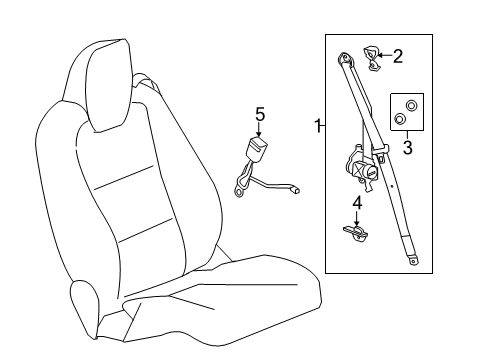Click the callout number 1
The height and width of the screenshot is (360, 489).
tap(317, 126)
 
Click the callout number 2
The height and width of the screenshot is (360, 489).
tap(397, 56)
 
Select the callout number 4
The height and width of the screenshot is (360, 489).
tap(355, 205)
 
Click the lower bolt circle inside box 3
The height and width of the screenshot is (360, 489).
tap(401, 120)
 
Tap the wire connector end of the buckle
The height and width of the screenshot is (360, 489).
tap(295, 187)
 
